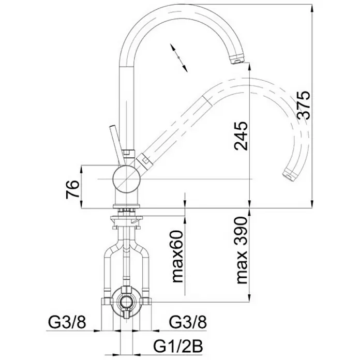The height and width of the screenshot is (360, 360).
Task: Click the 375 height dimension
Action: (x=303, y=105)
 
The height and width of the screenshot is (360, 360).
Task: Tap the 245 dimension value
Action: (x=241, y=136)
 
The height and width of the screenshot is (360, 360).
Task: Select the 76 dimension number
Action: (x=72, y=189)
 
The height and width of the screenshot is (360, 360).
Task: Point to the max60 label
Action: (x=177, y=256)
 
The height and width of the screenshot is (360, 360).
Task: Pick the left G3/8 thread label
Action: (x=67, y=322)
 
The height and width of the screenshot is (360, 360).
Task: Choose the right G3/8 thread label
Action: (x=188, y=322)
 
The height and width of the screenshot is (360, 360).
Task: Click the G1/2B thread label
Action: (x=178, y=346)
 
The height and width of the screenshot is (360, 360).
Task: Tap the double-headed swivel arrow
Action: (x=178, y=57)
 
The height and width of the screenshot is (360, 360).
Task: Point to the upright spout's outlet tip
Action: (x=236, y=59)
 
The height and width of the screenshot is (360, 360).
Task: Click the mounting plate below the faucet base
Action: (x=126, y=218)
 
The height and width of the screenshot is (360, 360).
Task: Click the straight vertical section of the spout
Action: (x=127, y=108)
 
